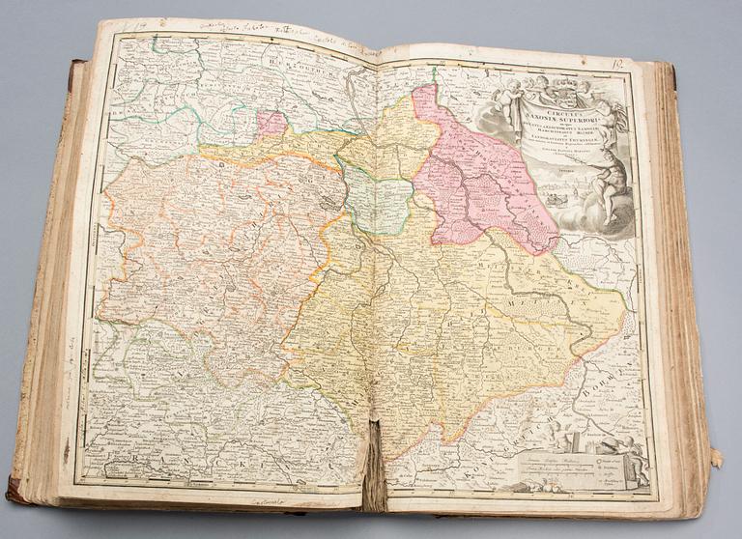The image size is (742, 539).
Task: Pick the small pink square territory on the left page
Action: click(x=271, y=123)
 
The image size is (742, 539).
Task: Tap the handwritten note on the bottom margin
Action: click(x=275, y=501)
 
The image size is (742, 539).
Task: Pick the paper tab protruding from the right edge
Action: click(x=715, y=454)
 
